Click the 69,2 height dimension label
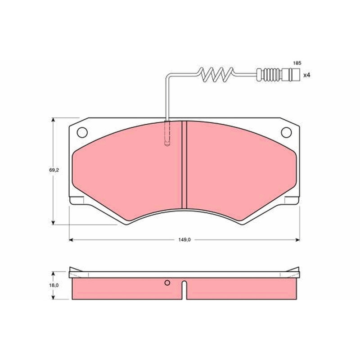[x=54, y=170]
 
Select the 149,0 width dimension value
[x=184, y=240]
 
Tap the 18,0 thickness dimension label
[x=54, y=285]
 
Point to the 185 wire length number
[x=297, y=63]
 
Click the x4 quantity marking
[x=307, y=75]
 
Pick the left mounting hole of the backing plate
[x=82, y=132]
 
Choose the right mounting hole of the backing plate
[x=286, y=132]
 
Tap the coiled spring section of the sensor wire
[x=216, y=75]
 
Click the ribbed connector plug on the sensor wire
[x=278, y=75]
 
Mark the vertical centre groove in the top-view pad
[x=184, y=165]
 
